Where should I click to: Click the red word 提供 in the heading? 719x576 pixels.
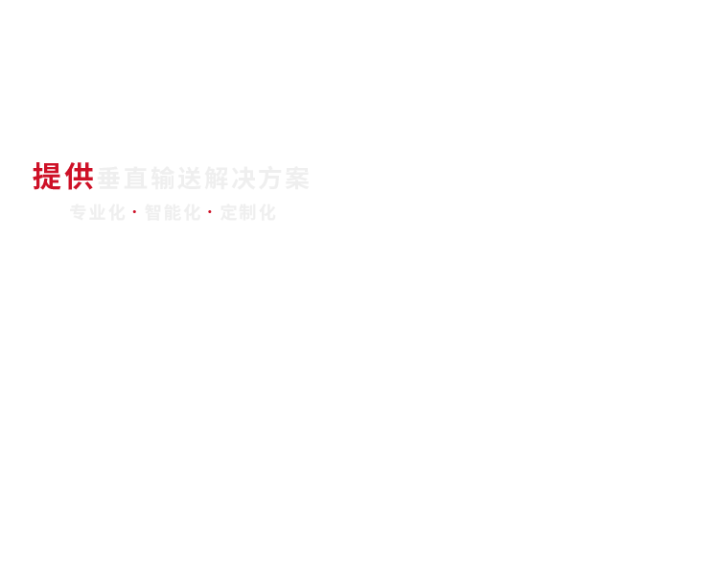click(63, 177)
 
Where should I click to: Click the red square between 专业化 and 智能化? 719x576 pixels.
click(134, 212)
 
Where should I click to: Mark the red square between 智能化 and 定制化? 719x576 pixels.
click(209, 212)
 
